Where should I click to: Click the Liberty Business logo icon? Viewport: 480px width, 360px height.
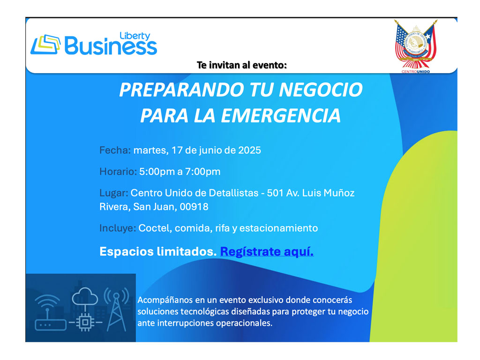pos(45,45)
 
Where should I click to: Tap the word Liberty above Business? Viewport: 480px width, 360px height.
pos(135,36)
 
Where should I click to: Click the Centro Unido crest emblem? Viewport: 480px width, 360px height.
pos(415,45)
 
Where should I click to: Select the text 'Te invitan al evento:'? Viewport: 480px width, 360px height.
pos(241,65)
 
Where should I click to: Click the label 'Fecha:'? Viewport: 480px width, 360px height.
pos(115,150)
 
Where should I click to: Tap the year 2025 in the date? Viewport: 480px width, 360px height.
pos(249,150)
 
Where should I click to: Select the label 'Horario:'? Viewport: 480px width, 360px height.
pos(118,172)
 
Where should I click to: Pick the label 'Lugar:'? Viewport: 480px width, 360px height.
pos(113,193)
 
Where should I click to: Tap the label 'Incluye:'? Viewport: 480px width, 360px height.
pos(117,228)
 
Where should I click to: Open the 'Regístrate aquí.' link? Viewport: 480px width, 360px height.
pos(267,252)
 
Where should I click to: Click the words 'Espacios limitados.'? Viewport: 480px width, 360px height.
pos(157,252)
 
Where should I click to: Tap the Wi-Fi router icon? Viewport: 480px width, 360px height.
pos(47,312)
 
